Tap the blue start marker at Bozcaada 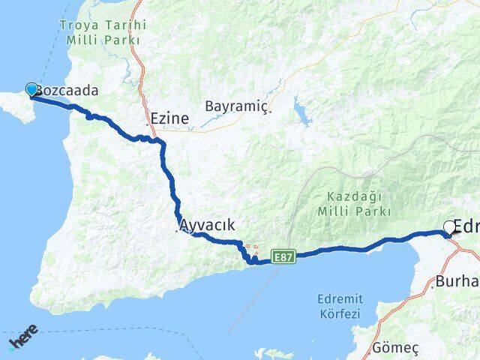pyautogui.click(x=31, y=89)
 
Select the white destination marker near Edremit pyautogui.click(x=449, y=227)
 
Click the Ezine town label pyautogui.click(x=169, y=118)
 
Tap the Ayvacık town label pyautogui.click(x=208, y=224)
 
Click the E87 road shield pyautogui.click(x=282, y=256)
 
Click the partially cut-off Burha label pyautogui.click(x=457, y=282)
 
